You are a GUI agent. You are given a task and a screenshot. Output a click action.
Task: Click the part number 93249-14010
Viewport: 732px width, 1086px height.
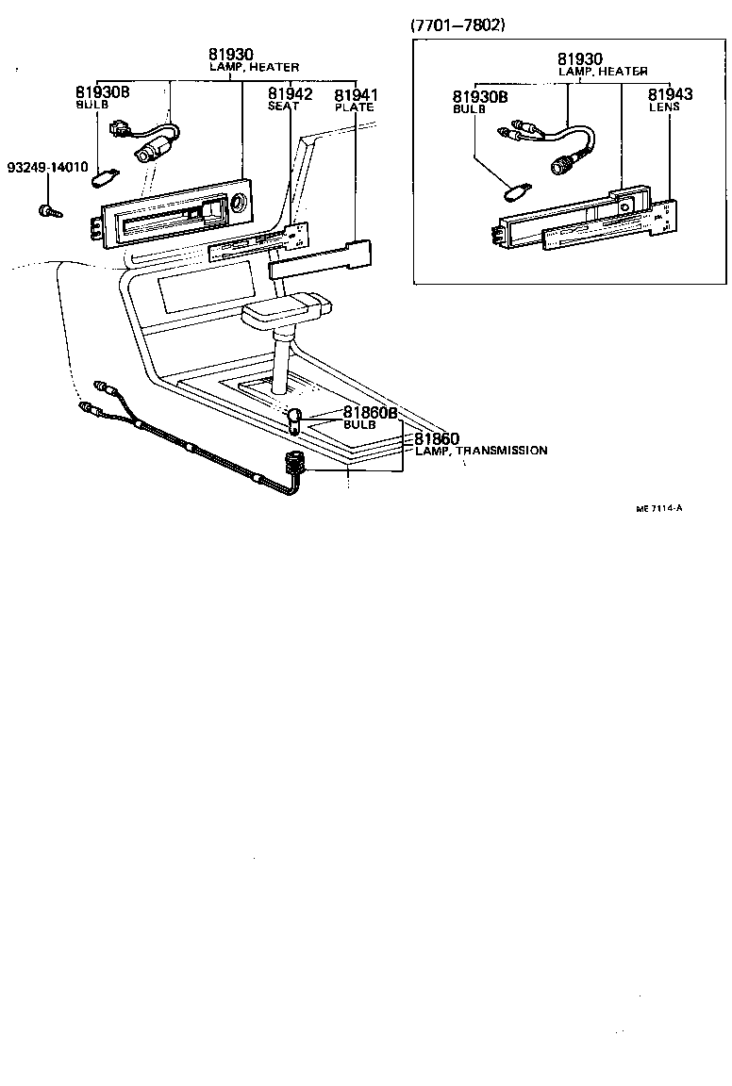tap(47, 167)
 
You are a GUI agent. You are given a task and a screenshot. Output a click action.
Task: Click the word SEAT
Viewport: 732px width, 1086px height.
tap(283, 107)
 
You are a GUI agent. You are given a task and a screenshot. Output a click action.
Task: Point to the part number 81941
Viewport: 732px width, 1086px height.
tap(356, 94)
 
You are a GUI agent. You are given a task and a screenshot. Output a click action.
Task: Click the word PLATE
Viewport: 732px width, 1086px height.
tap(355, 107)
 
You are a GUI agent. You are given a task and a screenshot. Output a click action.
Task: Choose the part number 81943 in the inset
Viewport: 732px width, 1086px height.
tap(670, 94)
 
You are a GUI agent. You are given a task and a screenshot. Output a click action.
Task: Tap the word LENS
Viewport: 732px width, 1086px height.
tap(664, 107)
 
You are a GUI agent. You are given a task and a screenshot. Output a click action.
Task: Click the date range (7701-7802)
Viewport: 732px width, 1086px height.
tap(458, 25)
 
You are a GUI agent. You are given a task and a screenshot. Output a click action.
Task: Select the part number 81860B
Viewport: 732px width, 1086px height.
tap(370, 413)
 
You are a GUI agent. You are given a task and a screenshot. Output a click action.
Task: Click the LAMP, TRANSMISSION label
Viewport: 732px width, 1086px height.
tap(481, 451)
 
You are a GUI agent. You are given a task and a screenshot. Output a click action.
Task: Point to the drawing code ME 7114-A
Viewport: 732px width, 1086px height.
tap(658, 508)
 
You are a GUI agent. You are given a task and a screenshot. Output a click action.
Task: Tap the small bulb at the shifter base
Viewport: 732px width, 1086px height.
tap(294, 415)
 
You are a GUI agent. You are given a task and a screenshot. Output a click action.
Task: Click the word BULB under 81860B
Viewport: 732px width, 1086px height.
tap(358, 425)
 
